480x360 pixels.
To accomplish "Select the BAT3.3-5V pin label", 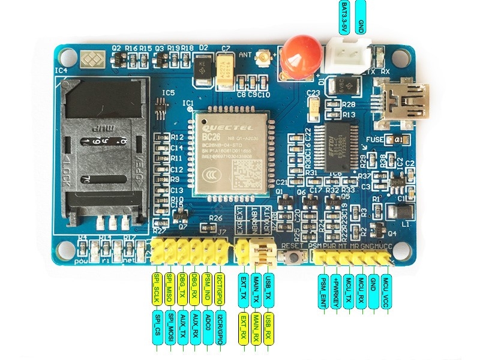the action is click(344, 17).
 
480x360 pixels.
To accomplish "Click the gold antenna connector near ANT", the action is click(262, 59).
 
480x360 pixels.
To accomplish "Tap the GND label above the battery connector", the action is click(361, 17).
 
